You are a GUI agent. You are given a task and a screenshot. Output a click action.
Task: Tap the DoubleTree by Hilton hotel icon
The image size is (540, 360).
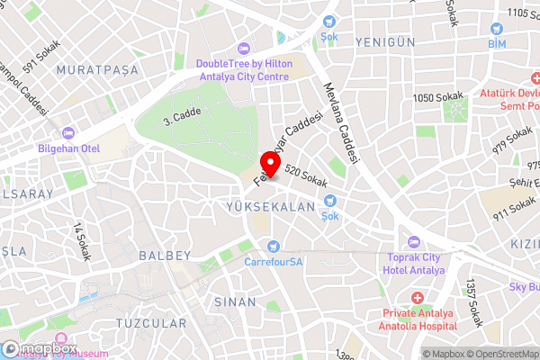242,48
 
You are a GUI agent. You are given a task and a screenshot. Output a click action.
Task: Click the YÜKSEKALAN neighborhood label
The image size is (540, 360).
271,207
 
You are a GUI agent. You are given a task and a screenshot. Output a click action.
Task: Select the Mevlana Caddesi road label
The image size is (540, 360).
342,125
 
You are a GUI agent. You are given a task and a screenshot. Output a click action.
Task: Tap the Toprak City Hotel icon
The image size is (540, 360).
414,241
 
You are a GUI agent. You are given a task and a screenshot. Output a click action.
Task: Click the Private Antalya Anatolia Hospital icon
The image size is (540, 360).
418,298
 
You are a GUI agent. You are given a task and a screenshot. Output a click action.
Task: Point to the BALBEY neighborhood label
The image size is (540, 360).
165,256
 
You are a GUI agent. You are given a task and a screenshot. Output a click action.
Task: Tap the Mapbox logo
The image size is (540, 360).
40,348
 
